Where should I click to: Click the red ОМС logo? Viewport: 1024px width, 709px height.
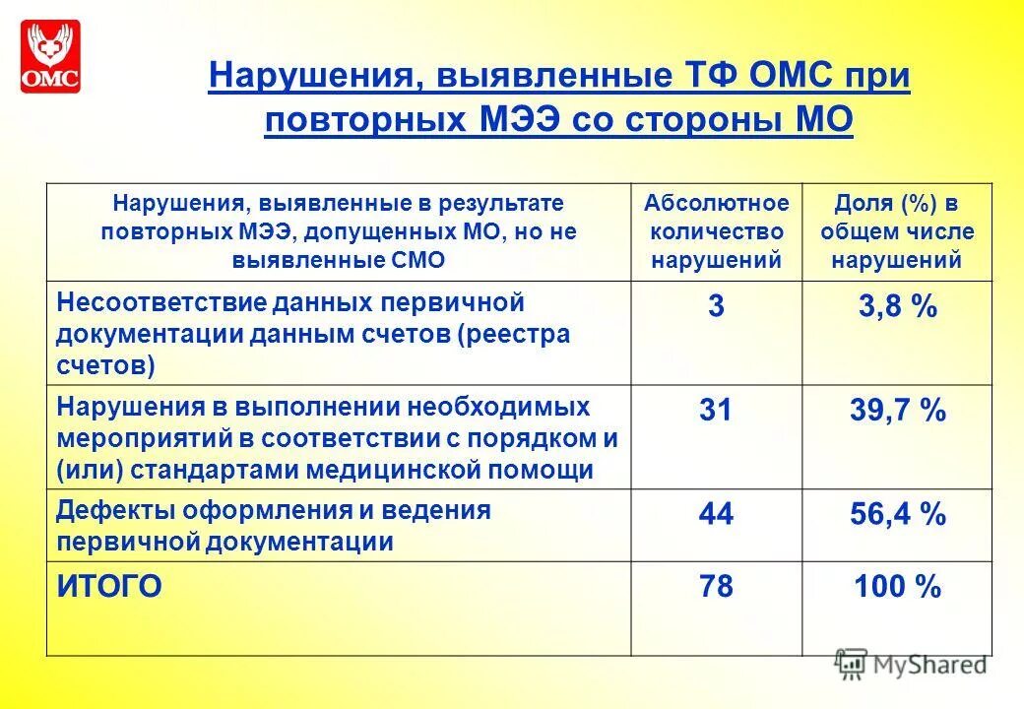(49, 56)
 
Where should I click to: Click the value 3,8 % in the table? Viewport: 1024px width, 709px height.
(897, 307)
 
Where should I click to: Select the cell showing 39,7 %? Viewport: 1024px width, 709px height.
(897, 411)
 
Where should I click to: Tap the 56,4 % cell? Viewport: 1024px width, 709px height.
(897, 514)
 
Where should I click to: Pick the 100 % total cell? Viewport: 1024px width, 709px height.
(897, 588)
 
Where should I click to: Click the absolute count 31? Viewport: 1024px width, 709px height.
(716, 411)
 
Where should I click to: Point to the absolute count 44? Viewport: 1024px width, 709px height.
(716, 514)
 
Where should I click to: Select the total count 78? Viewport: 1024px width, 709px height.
(716, 588)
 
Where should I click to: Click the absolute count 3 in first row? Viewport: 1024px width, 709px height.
(716, 307)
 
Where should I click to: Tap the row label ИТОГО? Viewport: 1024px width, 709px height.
(109, 588)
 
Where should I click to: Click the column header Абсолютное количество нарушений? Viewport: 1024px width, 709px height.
(716, 231)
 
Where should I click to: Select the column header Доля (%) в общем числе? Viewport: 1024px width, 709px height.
(897, 231)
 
